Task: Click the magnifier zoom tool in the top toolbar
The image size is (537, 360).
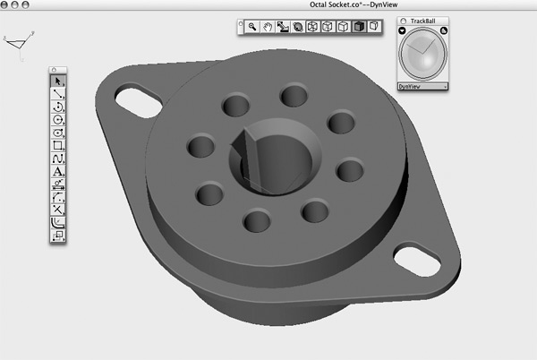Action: tap(253, 27)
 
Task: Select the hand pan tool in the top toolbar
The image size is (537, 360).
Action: tap(268, 27)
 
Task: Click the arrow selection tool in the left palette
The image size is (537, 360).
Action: tap(58, 81)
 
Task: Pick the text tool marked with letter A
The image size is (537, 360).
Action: tap(58, 170)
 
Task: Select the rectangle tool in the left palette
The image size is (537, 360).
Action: tap(58, 144)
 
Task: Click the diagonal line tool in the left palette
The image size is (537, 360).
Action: tap(58, 94)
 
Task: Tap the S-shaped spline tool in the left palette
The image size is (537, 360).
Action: tap(58, 158)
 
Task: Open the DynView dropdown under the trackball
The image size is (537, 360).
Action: tap(423, 87)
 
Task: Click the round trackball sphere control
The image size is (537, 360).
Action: tap(423, 55)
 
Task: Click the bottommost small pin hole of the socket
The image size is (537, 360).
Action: tap(257, 219)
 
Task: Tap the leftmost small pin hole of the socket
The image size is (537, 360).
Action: tap(200, 144)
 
